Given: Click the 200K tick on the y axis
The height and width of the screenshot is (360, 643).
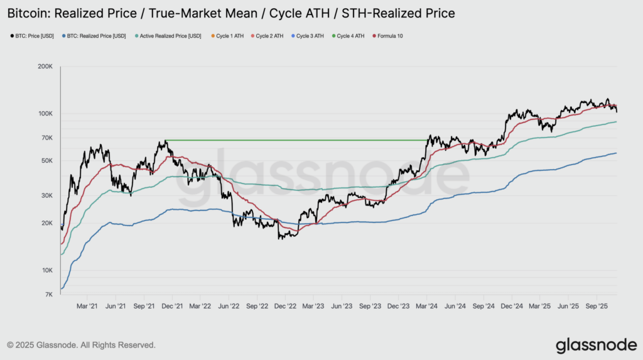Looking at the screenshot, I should pos(45,66).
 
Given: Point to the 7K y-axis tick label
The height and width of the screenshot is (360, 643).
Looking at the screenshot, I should pos(48,295).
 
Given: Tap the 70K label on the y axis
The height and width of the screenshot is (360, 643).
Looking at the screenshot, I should pos(46,138).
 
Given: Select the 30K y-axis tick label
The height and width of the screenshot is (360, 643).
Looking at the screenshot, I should pos(46,195).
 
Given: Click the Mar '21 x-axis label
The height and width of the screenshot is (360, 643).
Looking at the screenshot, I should pos(87,306).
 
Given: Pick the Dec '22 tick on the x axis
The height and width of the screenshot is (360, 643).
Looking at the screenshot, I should pos(285,306).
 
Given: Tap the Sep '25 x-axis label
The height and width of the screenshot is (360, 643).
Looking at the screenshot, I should pos(596,306).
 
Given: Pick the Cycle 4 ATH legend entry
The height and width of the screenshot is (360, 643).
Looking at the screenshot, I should pos(350,36).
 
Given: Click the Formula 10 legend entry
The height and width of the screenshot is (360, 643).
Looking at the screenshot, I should pos(390,36).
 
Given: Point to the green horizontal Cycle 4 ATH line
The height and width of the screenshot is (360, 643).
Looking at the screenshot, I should pos(295,139).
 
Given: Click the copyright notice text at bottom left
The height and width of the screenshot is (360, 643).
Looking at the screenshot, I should pos(81,345).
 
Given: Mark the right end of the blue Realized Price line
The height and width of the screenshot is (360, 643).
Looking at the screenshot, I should pos(616,153).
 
